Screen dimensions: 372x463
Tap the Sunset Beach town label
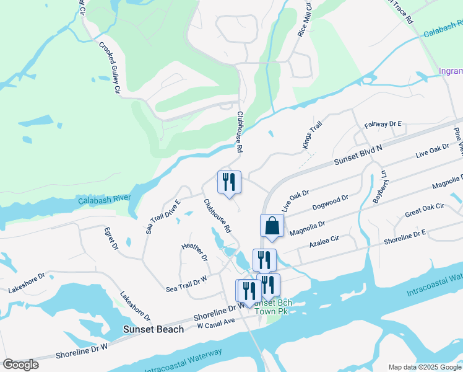click(x=154, y=329)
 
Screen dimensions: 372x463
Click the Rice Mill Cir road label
click(x=306, y=20)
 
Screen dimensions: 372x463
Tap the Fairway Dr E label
click(x=383, y=124)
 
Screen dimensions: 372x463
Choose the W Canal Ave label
click(x=217, y=322)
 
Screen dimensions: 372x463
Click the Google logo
click(x=20, y=365)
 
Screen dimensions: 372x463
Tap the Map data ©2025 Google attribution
click(x=424, y=367)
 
